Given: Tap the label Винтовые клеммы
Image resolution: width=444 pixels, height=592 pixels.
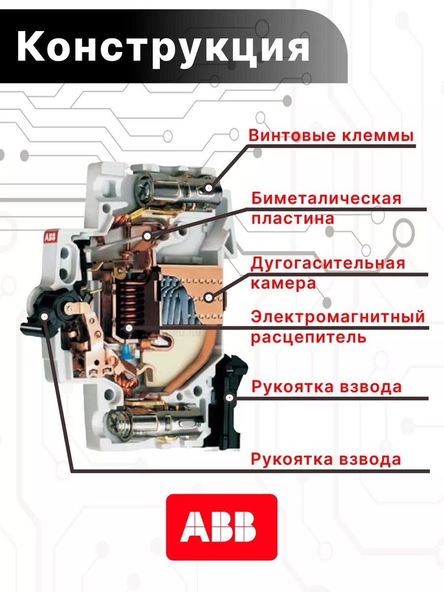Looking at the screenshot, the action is click(331, 135).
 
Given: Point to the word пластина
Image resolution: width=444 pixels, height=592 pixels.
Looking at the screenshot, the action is click(293, 218).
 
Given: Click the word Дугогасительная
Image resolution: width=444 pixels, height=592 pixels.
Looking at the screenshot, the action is click(328, 263).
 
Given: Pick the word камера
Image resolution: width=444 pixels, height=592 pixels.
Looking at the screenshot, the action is click(283, 283).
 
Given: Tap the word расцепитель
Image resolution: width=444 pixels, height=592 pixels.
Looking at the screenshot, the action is click(308, 337).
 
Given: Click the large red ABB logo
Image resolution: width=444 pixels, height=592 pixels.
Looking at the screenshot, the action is click(222, 527).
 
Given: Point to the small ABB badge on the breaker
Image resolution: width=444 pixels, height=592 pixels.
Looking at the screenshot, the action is click(50, 237).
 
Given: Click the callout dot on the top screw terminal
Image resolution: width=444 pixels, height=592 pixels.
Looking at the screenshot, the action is click(209, 188).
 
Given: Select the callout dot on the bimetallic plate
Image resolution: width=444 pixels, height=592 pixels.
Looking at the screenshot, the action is click(147, 236).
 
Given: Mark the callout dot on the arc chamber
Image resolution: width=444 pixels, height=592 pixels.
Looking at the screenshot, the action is click(209, 297).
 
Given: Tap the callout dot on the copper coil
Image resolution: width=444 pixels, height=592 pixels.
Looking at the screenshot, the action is click(129, 328).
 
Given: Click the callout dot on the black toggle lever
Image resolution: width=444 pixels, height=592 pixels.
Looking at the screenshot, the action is click(45, 317).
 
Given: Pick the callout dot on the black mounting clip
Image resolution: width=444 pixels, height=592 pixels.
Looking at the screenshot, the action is click(229, 397).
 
